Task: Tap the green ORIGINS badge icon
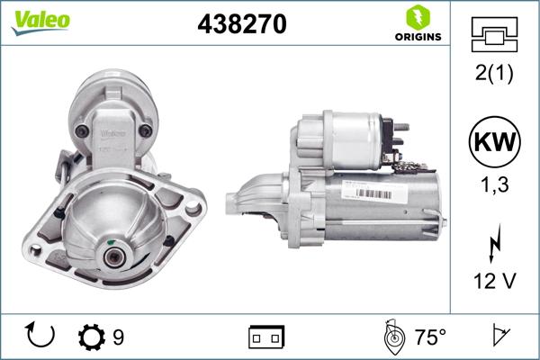coord(417,17)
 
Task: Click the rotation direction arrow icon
coord(41,337)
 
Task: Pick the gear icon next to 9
coord(92,337)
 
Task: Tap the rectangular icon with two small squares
coord(265,337)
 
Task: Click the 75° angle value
coord(430,337)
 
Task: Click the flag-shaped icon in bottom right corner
coord(502,337)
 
